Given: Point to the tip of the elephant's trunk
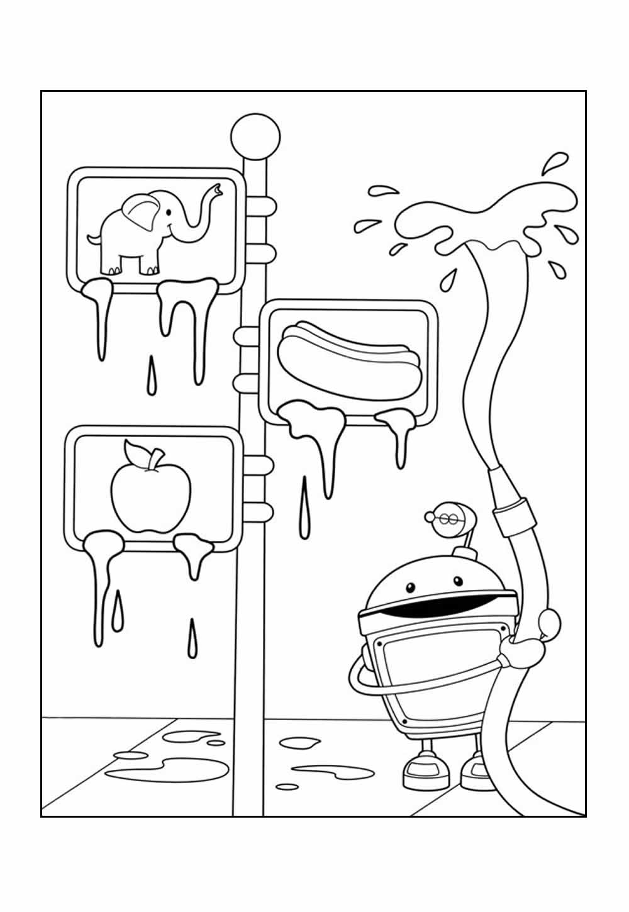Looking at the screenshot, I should point(218,188).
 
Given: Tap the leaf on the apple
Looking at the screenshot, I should point(136,455).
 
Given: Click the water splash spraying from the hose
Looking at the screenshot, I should point(478,220).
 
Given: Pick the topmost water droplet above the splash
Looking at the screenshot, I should point(553,162).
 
